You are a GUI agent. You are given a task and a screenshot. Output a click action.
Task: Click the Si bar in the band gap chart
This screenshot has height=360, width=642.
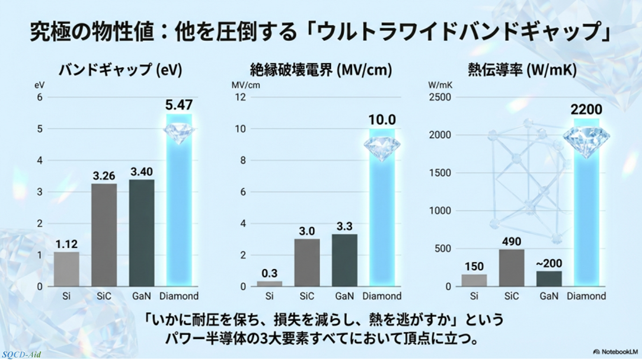pos(66,269)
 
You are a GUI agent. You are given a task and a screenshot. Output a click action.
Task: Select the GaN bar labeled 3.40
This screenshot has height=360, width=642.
pos(142,233)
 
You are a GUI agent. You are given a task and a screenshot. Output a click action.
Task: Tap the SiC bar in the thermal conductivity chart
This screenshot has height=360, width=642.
pos(511,268)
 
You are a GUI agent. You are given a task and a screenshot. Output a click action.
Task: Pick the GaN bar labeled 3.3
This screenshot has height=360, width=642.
pos(344,260)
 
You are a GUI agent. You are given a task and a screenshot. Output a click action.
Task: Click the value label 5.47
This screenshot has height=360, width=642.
pos(179,105)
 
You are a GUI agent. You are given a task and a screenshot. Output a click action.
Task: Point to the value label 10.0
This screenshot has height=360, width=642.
pos(382,120)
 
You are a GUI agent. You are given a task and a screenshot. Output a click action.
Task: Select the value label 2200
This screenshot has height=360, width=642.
pos(586,110)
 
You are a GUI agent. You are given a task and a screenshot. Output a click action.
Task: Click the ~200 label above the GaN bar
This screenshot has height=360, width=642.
pos(549,264)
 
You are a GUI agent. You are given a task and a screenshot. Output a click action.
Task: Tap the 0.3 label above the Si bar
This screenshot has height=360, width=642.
pos(269,273)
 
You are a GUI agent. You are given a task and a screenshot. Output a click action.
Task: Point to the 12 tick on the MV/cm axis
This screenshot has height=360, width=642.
pos(240,97)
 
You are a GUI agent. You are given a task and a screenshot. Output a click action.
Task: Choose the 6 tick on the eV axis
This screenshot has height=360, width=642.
pos(39,97)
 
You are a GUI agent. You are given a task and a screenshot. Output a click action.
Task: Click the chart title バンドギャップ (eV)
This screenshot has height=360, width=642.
pos(120,70)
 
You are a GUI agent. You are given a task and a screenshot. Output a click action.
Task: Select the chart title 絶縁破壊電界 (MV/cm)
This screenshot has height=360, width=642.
pos(321,70)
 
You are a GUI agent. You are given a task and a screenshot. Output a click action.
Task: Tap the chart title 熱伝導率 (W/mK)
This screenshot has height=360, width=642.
pos(522,70)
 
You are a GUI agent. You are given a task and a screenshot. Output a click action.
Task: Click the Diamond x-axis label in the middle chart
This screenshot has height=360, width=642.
pos(382,296)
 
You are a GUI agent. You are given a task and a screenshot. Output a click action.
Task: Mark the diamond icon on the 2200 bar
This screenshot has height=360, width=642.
pos(586,140)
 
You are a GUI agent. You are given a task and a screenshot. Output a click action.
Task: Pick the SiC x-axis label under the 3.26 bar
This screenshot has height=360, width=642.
pos(104,296)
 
